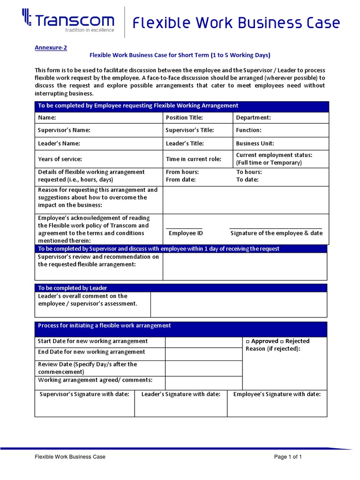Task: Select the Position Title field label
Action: pos(184,118)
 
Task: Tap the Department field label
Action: pos(253,118)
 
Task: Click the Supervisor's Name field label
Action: pos(64,130)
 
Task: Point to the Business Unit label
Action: pos(255,143)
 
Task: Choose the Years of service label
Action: pos(60,159)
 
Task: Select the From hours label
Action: pos(182,172)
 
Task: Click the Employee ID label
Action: pos(186,233)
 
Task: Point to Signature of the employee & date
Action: pos(277,233)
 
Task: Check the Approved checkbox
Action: pos(248,341)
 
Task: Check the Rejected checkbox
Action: pos(281,341)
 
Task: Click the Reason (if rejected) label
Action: pos(273,349)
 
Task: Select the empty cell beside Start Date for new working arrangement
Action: pos(203,342)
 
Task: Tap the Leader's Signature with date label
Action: pos(181,394)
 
